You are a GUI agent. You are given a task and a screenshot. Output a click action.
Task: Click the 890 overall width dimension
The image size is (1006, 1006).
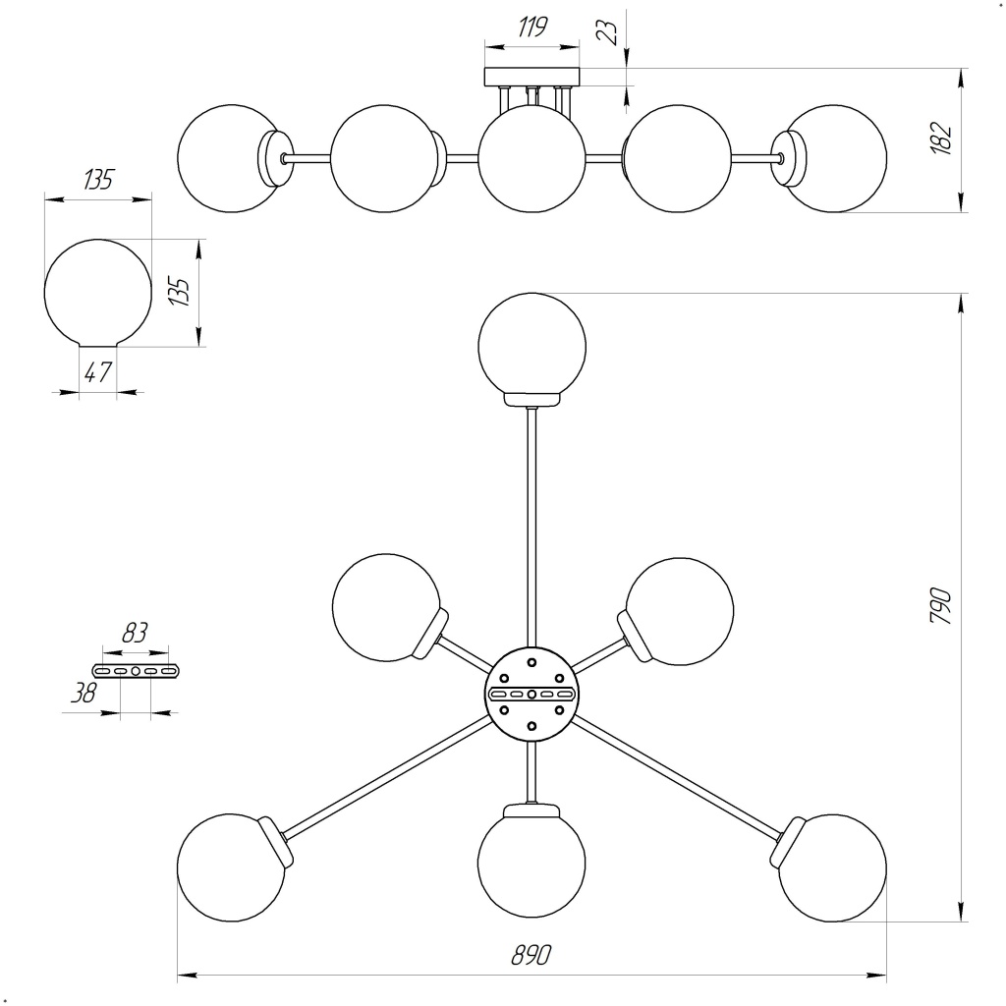click(531, 956)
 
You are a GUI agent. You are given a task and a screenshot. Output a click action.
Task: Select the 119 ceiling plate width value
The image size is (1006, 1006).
click(531, 27)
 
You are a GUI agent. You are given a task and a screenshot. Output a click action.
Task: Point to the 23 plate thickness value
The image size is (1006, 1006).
click(609, 31)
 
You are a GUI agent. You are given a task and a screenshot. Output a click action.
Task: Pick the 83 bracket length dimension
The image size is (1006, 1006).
click(135, 634)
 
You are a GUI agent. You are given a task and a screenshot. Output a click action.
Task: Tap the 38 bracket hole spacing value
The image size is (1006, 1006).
click(85, 694)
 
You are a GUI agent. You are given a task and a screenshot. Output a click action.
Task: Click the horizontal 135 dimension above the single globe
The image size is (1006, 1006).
click(98, 180)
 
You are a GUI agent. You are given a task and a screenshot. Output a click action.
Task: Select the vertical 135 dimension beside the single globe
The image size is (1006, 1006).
click(179, 292)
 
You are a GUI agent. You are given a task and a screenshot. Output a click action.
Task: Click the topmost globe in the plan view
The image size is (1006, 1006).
click(531, 345)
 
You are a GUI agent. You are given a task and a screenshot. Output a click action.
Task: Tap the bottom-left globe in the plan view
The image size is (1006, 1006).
click(231, 867)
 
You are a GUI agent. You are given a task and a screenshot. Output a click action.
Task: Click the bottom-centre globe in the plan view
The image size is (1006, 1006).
click(531, 864)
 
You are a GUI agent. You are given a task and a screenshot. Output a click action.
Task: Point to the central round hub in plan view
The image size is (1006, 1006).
click(531, 694)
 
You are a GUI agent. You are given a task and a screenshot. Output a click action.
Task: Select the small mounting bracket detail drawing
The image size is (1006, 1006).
click(137, 670)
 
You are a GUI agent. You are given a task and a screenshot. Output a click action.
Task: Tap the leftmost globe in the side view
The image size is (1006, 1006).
click(229, 158)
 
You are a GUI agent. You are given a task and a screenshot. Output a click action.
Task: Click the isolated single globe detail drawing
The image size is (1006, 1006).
click(98, 293)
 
